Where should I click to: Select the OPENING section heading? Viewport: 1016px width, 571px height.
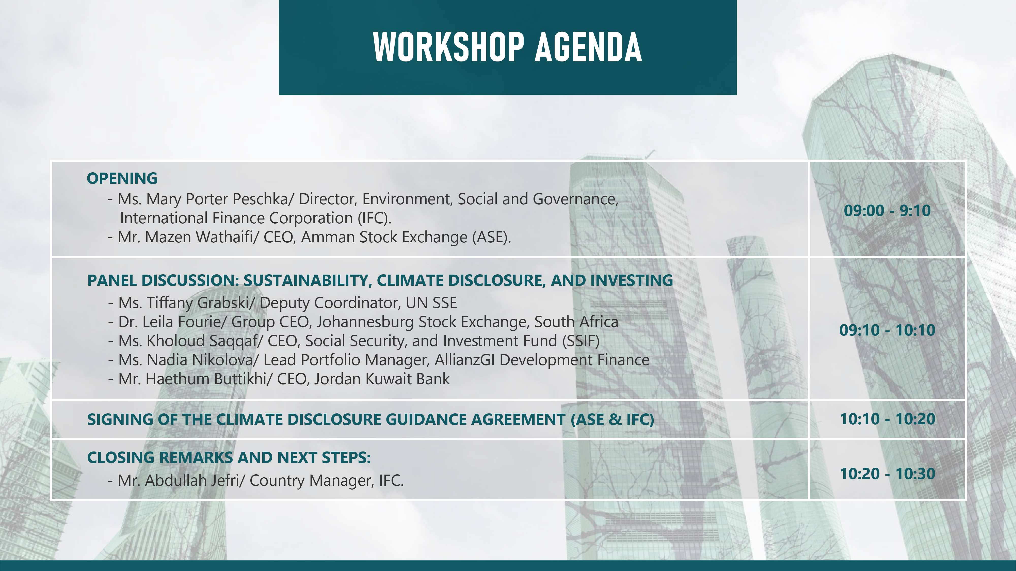coord(122,178)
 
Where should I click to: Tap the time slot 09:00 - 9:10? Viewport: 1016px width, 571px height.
coord(887,210)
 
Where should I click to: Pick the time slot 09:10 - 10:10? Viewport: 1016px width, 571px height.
coord(887,330)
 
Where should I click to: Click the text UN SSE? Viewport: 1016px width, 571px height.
coord(431,303)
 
